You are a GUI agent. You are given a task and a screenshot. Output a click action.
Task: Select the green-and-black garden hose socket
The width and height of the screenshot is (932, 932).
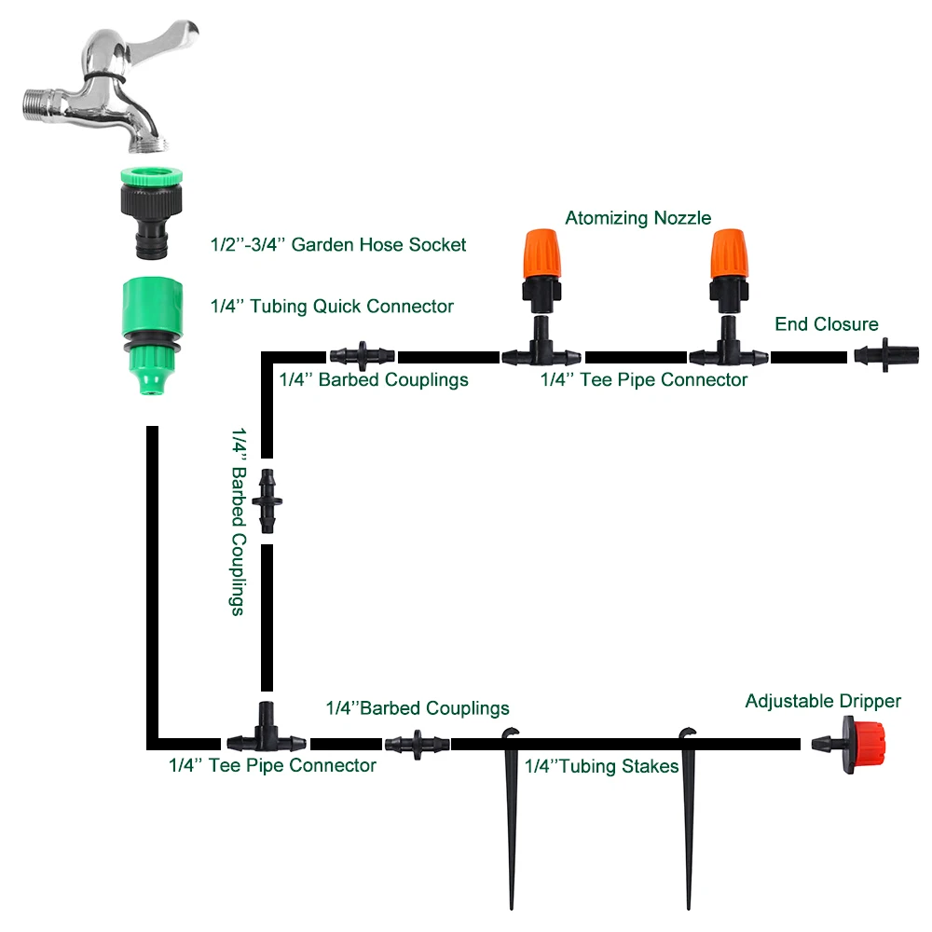(153, 210)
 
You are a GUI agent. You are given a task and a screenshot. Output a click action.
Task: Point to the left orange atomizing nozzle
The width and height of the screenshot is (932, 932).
(539, 256)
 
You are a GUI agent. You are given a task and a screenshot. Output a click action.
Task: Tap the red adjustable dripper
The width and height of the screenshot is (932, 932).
(853, 743)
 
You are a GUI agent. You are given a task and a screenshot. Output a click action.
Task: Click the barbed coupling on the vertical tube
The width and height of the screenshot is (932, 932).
(267, 501)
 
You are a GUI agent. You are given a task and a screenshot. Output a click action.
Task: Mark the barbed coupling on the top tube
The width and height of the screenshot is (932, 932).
(362, 356)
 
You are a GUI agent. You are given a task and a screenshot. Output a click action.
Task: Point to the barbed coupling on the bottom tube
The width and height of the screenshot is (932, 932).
(417, 744)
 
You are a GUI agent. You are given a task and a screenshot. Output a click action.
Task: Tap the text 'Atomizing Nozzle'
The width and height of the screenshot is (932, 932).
(637, 218)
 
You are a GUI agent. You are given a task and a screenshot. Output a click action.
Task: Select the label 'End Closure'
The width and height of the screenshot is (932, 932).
(826, 324)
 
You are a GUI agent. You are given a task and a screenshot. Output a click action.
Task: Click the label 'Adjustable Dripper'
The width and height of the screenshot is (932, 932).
(822, 701)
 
